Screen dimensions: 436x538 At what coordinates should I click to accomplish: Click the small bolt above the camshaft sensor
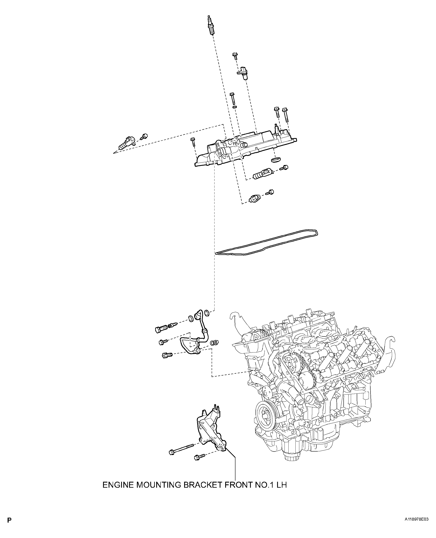pyautogui.click(x=235, y=56)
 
